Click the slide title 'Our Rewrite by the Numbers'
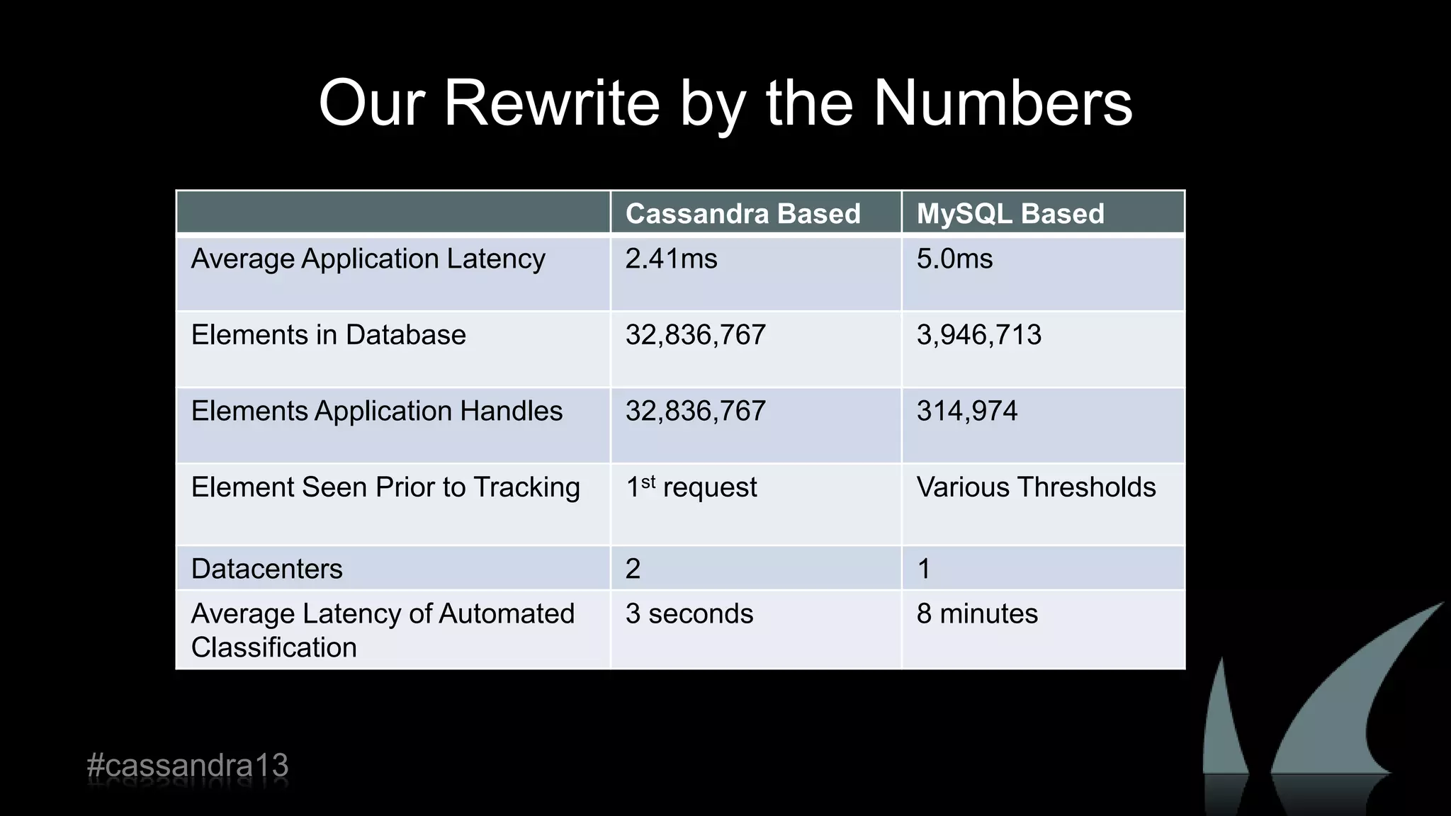[x=725, y=103]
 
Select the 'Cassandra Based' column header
[x=743, y=213]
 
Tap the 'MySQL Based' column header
[x=1010, y=213]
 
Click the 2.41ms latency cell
[x=671, y=259]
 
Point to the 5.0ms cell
[x=954, y=259]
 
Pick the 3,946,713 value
[x=978, y=335]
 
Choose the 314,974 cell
[x=966, y=411]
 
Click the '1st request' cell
[x=691, y=487]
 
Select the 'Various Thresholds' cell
[x=1036, y=487]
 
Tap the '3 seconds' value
[x=689, y=613]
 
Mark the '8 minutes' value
[x=976, y=613]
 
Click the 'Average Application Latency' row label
[x=368, y=259]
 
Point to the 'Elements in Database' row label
[x=328, y=335]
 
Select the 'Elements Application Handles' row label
[x=376, y=411]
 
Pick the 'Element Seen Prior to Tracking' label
[x=385, y=487]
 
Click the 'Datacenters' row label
[x=266, y=569]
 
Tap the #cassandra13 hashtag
[x=188, y=766]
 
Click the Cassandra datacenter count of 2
[x=633, y=569]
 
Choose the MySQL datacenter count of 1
[x=923, y=569]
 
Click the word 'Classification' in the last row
[x=273, y=647]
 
